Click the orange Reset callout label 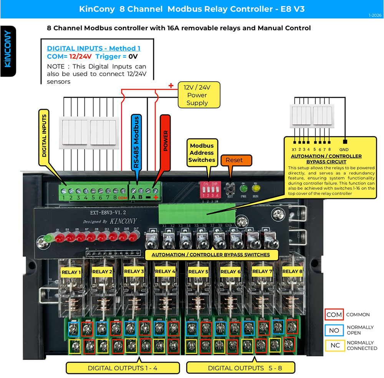[x=234, y=160]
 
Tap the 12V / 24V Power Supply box [x=199, y=96]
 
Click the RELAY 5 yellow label [x=198, y=272]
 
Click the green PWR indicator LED [x=243, y=189]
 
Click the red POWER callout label [x=166, y=141]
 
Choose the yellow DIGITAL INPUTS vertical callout [x=44, y=135]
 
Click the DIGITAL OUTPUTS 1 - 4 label [x=122, y=368]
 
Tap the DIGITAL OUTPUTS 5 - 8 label [x=240, y=368]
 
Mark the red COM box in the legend [x=333, y=315]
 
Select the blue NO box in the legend [x=333, y=330]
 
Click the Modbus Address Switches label [x=202, y=152]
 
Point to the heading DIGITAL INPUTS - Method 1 [x=93, y=48]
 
